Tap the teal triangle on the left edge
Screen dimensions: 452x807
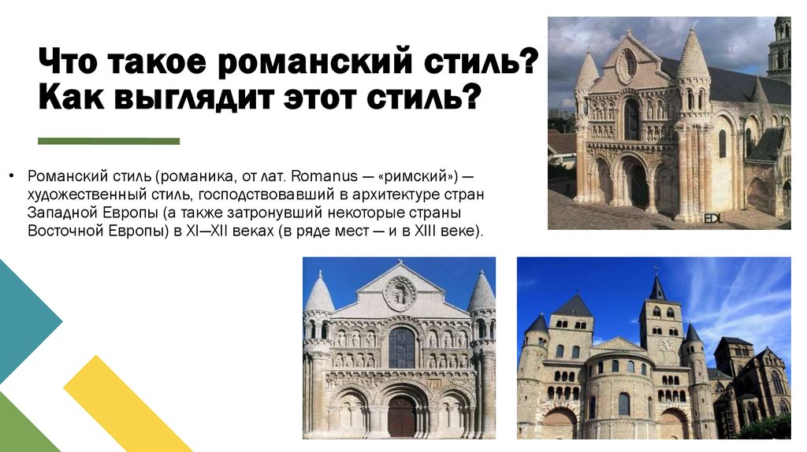(x=24, y=319)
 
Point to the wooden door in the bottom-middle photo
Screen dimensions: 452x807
(x=401, y=417)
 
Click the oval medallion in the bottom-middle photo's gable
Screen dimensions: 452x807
(x=400, y=293)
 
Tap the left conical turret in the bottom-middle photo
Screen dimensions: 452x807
(x=318, y=295)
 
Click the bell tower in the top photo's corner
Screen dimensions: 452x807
(x=780, y=47)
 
